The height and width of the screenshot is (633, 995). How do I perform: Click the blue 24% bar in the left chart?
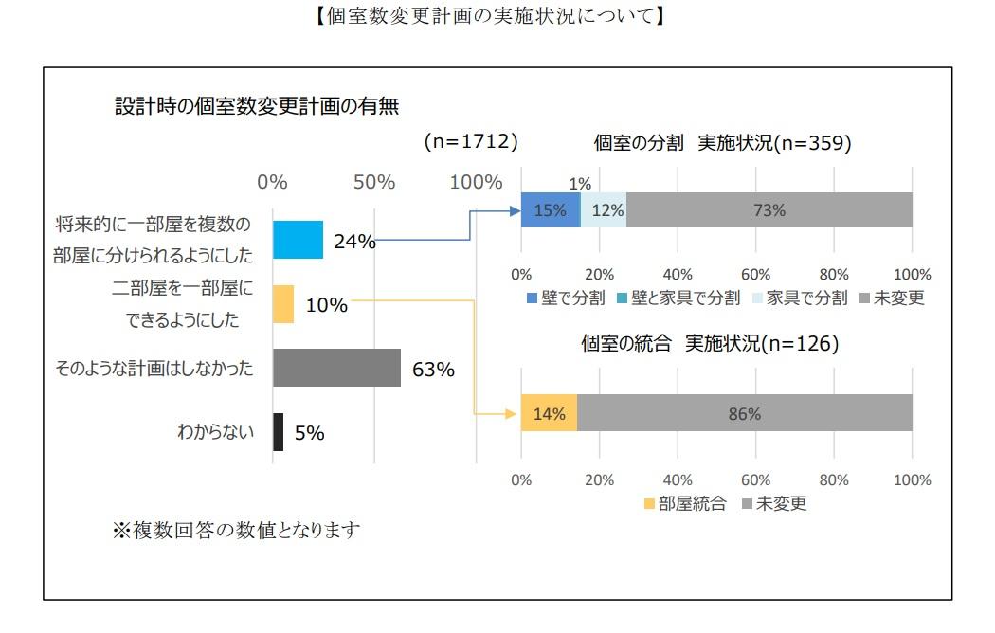pos(298,240)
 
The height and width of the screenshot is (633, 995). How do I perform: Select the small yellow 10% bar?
pos(282,304)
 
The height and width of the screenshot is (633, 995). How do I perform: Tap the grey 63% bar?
pos(336,368)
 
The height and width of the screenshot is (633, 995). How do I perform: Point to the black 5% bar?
pos(278,432)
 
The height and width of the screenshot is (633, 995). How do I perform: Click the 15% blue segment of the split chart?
pos(550,210)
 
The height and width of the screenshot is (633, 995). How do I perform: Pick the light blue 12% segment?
pos(604,210)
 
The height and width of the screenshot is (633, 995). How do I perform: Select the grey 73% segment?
pos(769,210)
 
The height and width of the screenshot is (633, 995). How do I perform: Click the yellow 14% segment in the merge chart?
pos(549,413)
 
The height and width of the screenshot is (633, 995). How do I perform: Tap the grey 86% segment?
pos(744,413)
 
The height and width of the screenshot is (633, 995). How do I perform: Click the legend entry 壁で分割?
pos(566,298)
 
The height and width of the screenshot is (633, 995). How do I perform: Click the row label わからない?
pos(215,433)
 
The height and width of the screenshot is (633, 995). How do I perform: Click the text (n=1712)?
pos(470,142)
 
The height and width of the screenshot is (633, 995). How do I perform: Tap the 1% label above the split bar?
pos(580,184)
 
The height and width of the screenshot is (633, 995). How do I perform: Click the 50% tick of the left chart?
pos(373,182)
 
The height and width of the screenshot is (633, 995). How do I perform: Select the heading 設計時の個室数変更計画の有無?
pos(257,106)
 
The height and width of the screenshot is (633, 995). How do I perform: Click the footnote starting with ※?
pos(237,529)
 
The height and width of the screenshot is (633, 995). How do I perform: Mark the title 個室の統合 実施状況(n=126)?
pos(710,344)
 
